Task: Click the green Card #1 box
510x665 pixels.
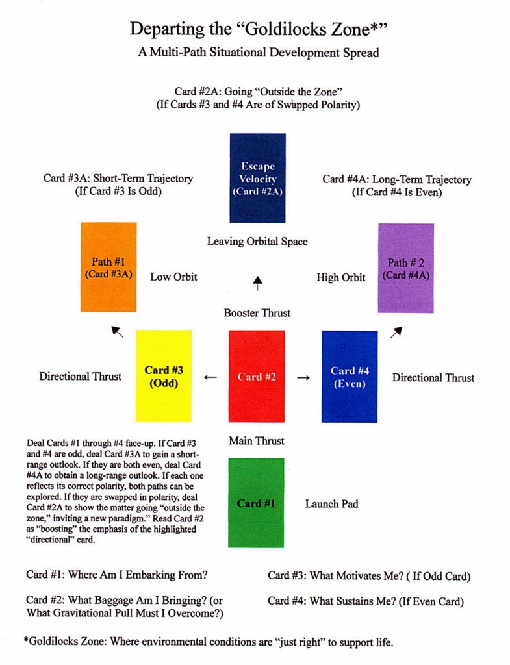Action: coord(256,503)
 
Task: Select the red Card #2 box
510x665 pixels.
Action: coord(256,376)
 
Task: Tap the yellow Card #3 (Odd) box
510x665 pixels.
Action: coord(163,376)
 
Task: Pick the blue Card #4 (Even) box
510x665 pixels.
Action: coord(350,376)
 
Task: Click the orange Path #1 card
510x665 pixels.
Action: coord(108,267)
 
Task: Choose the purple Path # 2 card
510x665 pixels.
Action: coord(406,268)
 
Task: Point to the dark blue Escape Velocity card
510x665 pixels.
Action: coord(257,178)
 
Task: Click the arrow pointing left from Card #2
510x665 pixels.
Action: coord(210,377)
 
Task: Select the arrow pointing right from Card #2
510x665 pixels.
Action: coord(303,377)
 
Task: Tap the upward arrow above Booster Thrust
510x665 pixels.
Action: coord(258,282)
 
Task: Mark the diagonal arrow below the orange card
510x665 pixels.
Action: coord(118,332)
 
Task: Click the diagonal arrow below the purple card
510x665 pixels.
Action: coord(396,332)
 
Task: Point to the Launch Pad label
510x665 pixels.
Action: coord(331,503)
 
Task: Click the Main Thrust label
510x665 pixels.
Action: coord(257,441)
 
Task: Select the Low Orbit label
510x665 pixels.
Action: coord(173,277)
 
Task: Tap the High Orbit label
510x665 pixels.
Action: coord(341,277)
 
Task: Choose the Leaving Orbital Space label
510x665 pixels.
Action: coord(257,242)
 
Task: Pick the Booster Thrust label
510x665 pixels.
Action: coord(257,313)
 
